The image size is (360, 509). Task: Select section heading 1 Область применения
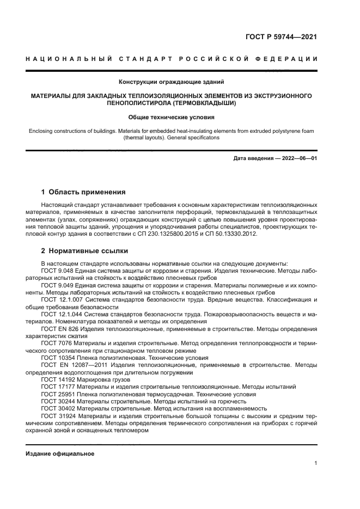click(83, 192)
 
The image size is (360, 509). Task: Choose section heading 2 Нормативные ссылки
click(84, 252)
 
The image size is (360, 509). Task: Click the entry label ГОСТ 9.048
click(58, 271)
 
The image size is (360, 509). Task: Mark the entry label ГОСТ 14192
click(57, 379)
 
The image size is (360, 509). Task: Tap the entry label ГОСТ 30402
click(57, 408)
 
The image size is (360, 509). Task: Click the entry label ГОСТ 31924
click(57, 415)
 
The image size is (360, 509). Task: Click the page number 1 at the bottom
click(315, 463)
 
